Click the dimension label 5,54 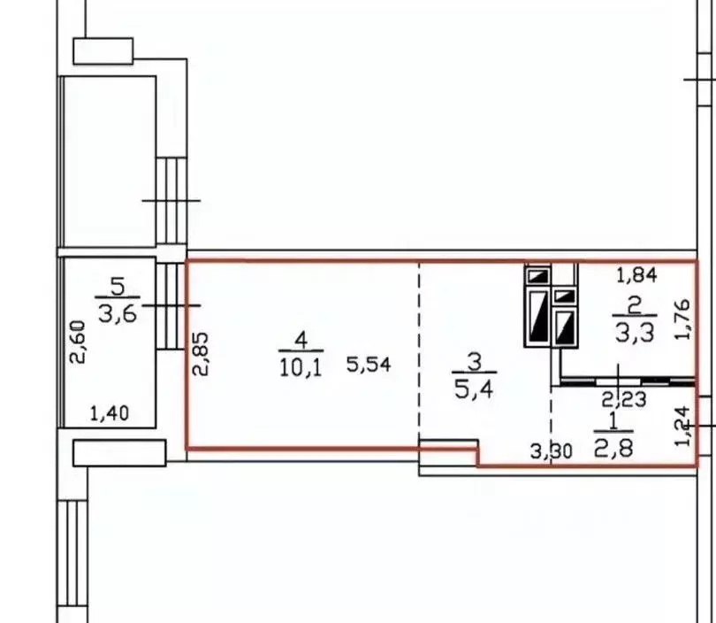[369, 365]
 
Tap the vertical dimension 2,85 [201, 354]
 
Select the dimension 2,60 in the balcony [77, 342]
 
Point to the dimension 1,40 [110, 413]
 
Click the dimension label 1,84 [636, 274]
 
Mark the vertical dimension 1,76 [682, 319]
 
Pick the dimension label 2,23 [624, 400]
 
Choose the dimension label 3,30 [552, 451]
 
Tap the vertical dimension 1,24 [683, 427]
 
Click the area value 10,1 [301, 367]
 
